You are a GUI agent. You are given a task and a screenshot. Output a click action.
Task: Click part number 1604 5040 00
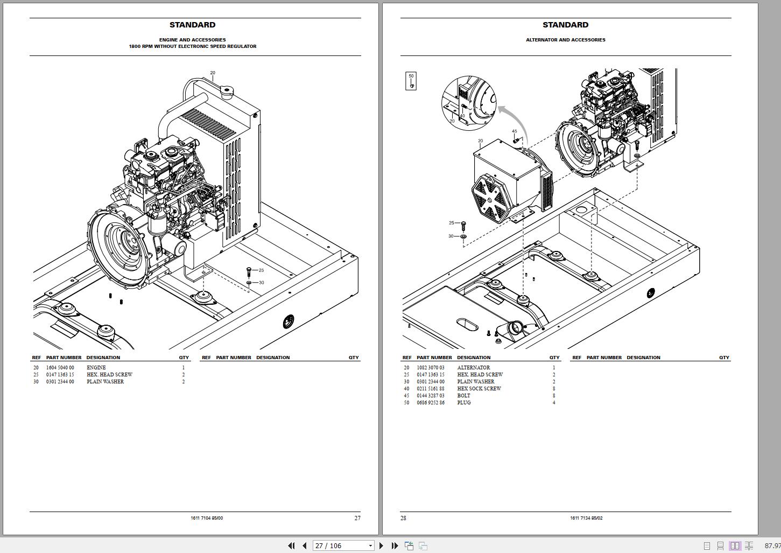(60, 368)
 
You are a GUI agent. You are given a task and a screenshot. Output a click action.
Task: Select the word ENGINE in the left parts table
(96, 368)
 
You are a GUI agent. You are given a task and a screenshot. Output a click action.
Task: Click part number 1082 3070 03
(431, 368)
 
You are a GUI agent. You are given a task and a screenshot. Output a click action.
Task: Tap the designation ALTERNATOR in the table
(474, 368)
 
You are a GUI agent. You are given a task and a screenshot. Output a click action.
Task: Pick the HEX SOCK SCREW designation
(479, 389)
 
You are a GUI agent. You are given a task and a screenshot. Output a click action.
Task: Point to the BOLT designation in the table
(463, 396)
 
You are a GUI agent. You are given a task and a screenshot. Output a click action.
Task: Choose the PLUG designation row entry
(464, 403)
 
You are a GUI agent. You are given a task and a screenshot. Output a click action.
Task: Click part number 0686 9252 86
(431, 403)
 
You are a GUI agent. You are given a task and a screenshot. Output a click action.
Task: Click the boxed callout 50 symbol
(411, 81)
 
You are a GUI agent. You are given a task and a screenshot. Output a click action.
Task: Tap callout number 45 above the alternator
(515, 131)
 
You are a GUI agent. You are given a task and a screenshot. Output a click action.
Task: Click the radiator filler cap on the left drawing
(225, 93)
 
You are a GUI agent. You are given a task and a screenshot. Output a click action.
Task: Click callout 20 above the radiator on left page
(213, 73)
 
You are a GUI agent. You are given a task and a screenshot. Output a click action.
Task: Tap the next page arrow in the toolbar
(382, 545)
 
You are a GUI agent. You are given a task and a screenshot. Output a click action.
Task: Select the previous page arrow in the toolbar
(304, 545)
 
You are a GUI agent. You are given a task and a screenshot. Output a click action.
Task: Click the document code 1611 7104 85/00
(207, 518)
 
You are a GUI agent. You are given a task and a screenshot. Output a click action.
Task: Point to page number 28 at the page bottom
(404, 518)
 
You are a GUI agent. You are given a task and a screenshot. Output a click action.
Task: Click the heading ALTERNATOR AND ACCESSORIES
(566, 40)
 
